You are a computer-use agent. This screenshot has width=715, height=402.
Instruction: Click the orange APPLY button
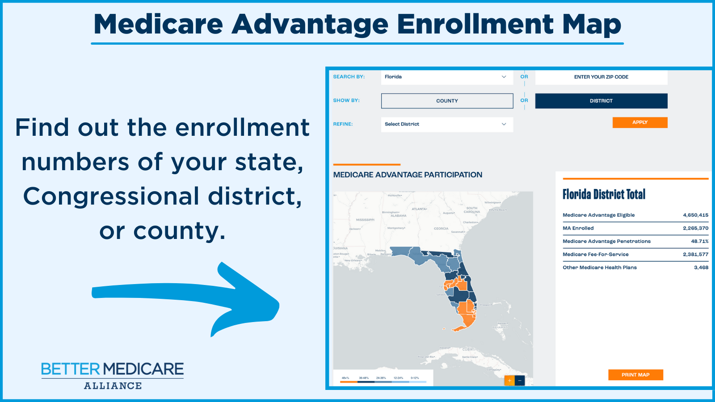tap(639, 122)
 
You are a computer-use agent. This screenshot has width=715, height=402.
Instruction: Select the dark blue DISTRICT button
tap(601, 101)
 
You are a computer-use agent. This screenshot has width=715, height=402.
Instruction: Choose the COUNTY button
tap(447, 101)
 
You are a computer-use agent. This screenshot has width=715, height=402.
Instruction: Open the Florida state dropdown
tap(447, 77)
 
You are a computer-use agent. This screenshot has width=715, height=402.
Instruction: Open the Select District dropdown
tap(447, 124)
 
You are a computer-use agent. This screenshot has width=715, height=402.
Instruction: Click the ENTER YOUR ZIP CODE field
tap(601, 77)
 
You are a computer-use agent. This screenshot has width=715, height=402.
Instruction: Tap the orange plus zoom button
tap(509, 381)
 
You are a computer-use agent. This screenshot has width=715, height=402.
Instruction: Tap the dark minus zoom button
tap(520, 381)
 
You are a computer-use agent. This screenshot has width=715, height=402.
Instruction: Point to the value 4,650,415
tap(695, 215)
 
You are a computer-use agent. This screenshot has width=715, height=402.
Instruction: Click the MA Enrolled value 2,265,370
tap(695, 228)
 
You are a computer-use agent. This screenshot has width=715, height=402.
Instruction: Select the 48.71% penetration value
tap(699, 241)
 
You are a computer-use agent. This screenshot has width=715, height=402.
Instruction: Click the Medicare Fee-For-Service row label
tap(595, 255)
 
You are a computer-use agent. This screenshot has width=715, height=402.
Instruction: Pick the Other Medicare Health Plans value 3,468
tap(701, 268)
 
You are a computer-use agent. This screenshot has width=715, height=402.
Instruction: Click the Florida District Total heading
tap(604, 194)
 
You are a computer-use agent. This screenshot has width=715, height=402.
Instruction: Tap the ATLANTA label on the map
tap(419, 209)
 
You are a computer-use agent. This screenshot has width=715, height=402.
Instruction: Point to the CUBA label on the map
tap(467, 349)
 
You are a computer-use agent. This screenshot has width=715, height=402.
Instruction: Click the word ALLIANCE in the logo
tap(113, 386)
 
